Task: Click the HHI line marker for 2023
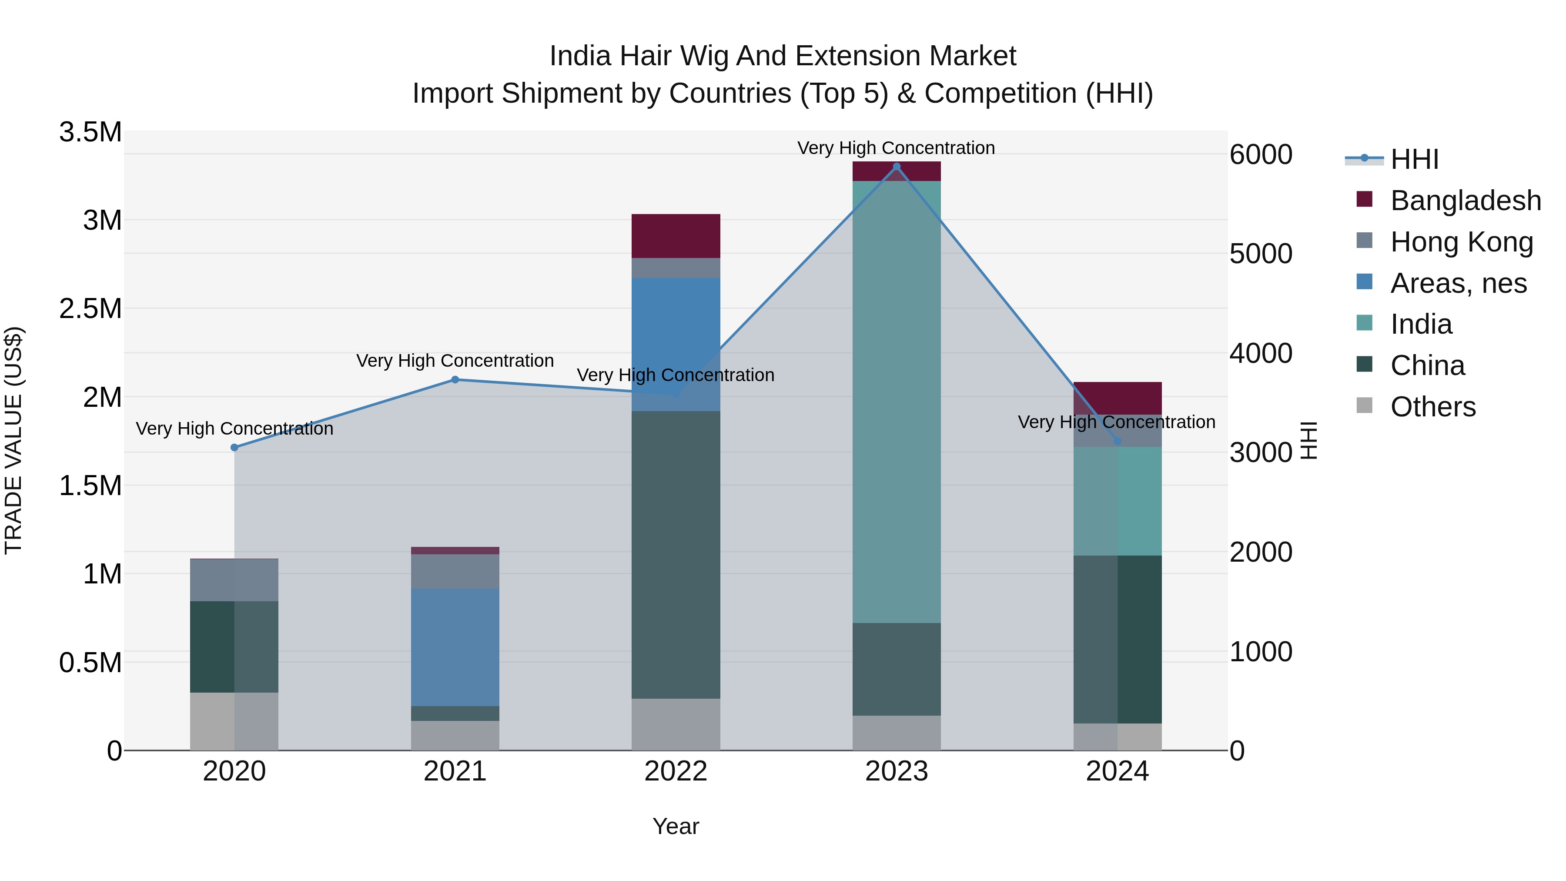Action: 896,167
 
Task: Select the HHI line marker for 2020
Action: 234,448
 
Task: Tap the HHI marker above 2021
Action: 455,380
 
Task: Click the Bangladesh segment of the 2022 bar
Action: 676,236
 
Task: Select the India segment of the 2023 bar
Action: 896,401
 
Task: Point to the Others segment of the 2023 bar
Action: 896,733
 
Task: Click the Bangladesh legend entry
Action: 1465,201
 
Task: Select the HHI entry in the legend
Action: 1414,159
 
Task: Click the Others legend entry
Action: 1432,407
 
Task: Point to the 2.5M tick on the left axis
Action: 90,309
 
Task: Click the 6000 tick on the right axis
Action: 1260,154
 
